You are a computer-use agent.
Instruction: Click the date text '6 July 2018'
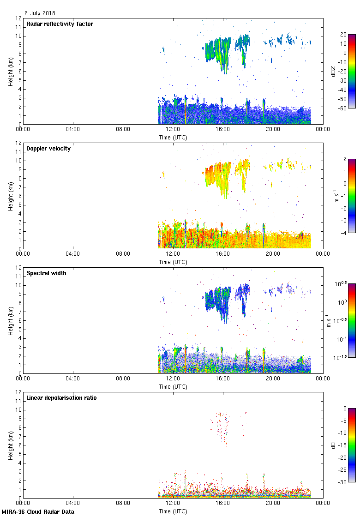[40, 13]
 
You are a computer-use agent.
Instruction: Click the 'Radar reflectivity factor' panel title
[60, 24]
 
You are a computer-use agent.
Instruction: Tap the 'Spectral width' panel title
[46, 273]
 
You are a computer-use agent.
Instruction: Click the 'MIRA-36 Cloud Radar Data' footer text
[38, 512]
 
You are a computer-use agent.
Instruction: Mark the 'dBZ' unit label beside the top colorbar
[333, 71]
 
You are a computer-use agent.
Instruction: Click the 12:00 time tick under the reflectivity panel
[173, 130]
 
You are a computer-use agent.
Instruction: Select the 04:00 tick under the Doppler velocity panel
[73, 254]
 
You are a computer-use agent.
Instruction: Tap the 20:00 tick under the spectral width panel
[273, 379]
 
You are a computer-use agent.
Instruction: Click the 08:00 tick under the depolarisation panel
[123, 503]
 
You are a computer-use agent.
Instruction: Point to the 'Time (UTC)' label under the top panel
[173, 137]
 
